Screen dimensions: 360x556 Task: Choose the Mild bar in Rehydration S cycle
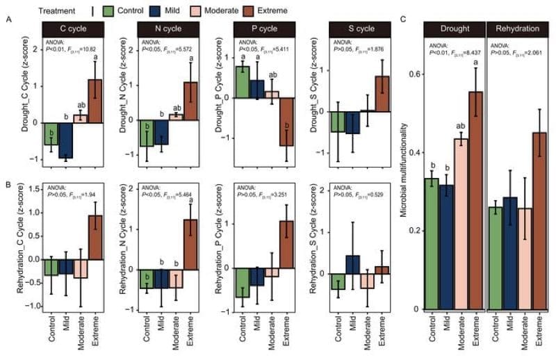[x=352, y=264]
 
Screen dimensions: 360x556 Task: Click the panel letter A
[x=8, y=22]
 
